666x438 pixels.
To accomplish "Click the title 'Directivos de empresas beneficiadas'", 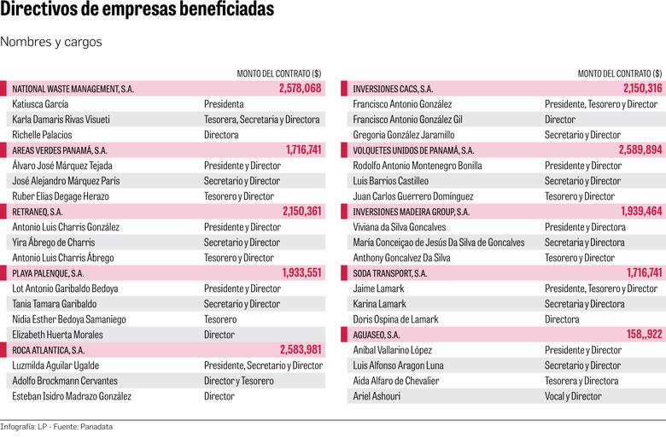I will [137, 11].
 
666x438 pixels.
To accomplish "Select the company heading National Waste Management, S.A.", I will [73, 89].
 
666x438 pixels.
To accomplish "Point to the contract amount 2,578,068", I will [300, 89].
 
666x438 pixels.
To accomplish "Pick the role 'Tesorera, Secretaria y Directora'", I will [262, 120].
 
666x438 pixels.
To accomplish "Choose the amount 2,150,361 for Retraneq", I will [301, 212].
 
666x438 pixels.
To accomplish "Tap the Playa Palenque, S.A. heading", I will [48, 273].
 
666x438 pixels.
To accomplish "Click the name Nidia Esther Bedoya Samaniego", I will [71, 319].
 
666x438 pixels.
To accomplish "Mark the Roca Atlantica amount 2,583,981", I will [301, 350].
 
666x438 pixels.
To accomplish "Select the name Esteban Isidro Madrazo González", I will [72, 396].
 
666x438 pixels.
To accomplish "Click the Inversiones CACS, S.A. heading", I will [393, 89].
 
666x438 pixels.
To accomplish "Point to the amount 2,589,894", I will [641, 150].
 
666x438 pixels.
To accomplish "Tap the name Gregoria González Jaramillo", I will [404, 135].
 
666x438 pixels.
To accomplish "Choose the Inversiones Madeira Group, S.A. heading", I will [411, 212].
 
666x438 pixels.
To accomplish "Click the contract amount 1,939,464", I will [641, 212].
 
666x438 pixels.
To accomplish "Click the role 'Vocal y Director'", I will [573, 396].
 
